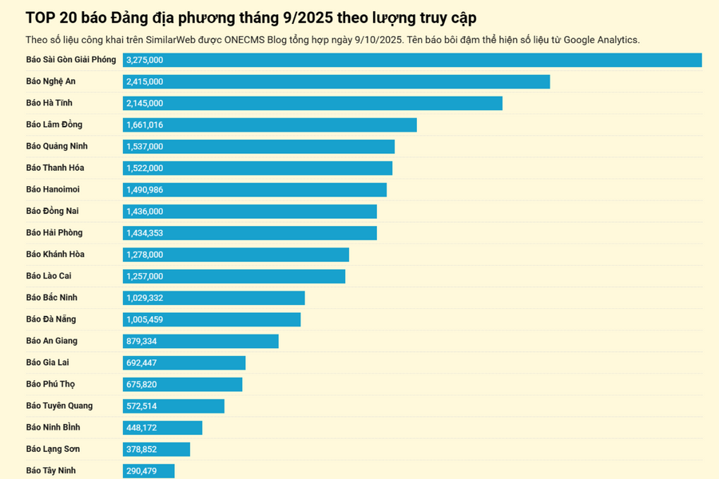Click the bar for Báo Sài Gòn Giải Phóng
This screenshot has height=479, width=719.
coord(412,60)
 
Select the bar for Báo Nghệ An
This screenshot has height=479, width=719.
coord(336,81)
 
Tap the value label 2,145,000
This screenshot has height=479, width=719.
coord(145,103)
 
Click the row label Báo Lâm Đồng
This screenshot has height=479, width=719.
coord(54,125)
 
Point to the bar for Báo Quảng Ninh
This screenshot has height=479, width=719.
coord(259,146)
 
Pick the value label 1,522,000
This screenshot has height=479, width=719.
coord(145,168)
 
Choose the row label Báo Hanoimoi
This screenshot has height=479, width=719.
coord(53,189)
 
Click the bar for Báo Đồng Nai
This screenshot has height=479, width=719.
coord(249,211)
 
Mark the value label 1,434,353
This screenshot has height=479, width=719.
coord(145,232)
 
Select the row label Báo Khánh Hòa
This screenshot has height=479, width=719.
coord(55,254)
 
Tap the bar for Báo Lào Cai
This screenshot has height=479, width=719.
coord(234,275)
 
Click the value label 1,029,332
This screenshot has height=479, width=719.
coord(145,297)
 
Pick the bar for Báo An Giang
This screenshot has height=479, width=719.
coord(201,341)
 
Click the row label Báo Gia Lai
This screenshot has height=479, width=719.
coord(47,362)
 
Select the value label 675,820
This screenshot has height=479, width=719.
coord(141,384)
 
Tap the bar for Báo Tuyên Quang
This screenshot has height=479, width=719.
coord(173,406)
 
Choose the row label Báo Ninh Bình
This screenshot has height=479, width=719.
coord(53,427)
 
